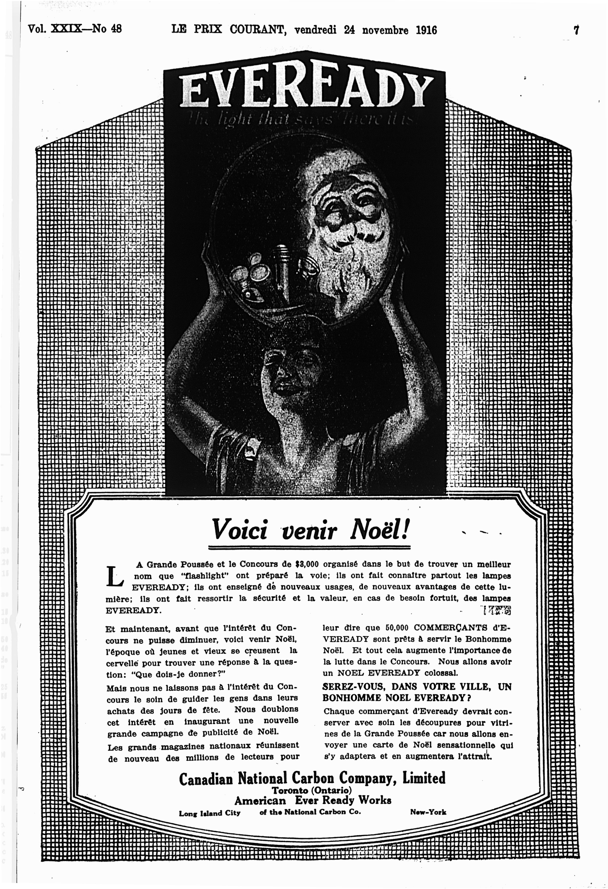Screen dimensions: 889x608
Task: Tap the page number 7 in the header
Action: coord(575,30)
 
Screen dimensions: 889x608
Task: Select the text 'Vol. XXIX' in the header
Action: coord(54,29)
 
